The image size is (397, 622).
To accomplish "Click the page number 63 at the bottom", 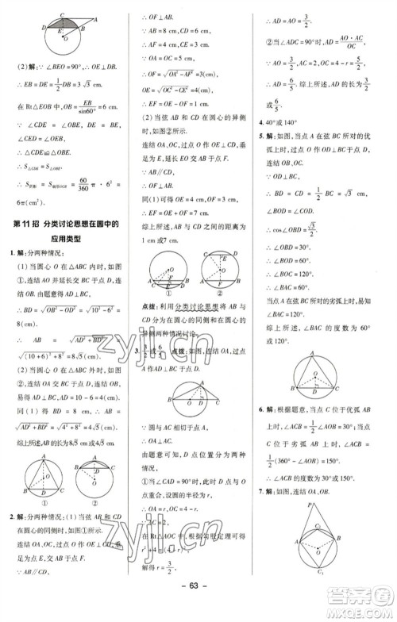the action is [x=198, y=609].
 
